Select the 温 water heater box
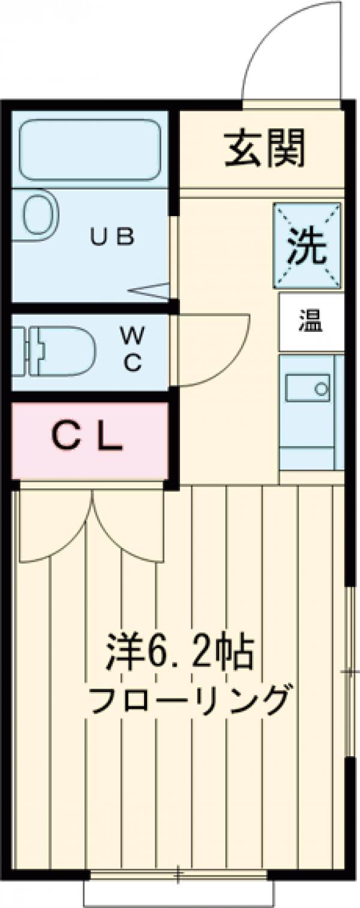tap(311, 323)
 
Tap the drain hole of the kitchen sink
tap(322, 388)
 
